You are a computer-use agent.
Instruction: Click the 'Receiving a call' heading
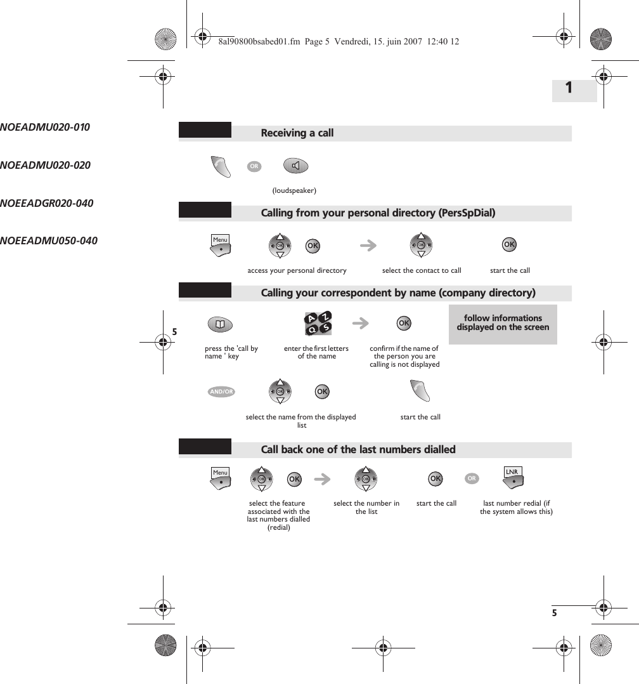click(297, 133)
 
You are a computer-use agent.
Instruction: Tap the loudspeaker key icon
click(295, 166)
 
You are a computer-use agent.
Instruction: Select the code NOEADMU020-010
click(45, 127)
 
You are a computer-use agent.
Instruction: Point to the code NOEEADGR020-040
click(47, 204)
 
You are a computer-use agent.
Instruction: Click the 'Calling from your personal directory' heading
click(378, 213)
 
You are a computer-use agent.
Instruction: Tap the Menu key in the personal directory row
click(221, 244)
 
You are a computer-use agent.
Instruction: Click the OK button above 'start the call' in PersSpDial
click(509, 245)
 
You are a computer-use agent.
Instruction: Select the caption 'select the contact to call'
click(422, 271)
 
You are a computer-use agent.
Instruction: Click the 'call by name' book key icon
click(220, 325)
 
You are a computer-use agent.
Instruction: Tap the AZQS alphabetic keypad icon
click(318, 324)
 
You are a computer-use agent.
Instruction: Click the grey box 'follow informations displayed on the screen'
click(503, 324)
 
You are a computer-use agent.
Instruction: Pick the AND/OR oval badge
click(221, 392)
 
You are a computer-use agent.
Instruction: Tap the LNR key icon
click(513, 477)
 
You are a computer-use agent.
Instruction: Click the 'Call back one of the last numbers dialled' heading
click(358, 450)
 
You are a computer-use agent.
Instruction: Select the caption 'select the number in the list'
click(366, 508)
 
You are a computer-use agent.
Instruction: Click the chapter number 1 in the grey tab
click(569, 88)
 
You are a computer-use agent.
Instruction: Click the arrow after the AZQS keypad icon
click(361, 324)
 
